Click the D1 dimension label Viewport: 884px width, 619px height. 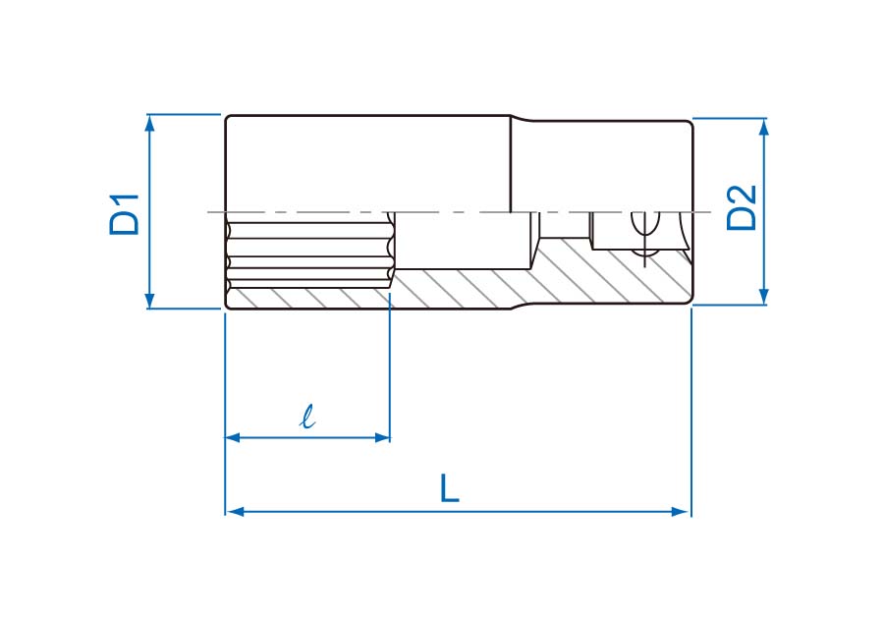[125, 214]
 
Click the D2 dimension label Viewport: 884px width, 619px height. [742, 207]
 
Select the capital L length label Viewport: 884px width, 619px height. [449, 488]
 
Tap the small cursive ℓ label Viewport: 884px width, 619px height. [307, 417]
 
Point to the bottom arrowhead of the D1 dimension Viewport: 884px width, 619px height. [149, 301]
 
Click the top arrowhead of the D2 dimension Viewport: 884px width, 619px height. [764, 127]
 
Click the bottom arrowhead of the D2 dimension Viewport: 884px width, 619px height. [764, 297]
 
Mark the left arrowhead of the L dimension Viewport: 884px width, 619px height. [234, 511]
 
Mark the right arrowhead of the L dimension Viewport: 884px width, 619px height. [681, 511]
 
